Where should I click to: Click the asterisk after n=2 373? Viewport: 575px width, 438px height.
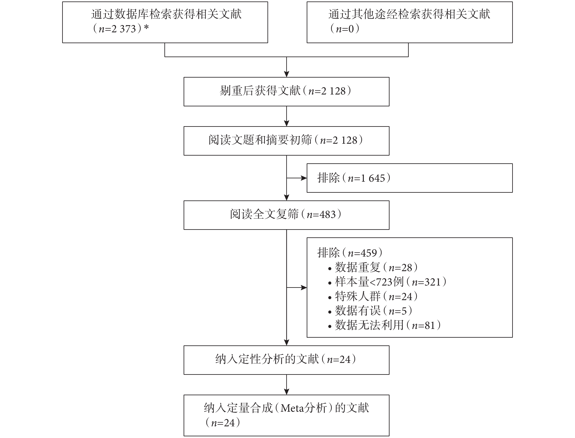146,27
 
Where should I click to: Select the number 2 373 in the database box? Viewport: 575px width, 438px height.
124,29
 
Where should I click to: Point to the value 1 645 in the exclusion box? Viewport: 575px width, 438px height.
373,178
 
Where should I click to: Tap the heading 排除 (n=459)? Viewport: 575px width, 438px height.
350,253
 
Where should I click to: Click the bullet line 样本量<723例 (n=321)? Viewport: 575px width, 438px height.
387,282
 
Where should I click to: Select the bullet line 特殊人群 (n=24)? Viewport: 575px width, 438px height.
373,296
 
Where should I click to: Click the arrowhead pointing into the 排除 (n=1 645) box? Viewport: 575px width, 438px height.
304,178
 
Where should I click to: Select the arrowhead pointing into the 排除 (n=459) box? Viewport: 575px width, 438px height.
304,288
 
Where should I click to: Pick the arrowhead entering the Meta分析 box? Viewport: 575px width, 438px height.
287,392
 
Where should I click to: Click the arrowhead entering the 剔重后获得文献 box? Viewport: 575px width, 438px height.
287,74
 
